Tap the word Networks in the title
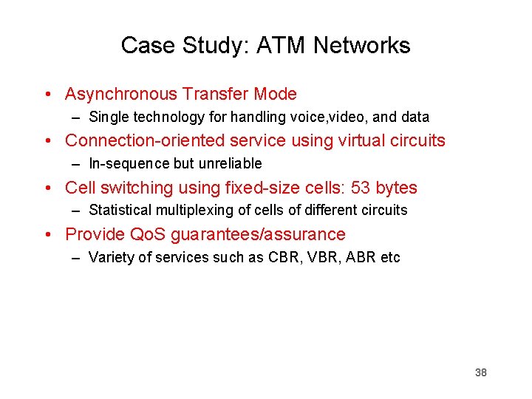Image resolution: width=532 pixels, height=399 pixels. pos(361,46)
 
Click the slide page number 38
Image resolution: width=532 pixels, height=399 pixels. pos(480,372)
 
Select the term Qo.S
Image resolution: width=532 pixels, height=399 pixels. pos(149,235)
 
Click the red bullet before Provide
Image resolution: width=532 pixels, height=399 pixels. pos(47,235)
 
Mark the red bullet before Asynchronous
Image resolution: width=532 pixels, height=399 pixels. pos(47,95)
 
